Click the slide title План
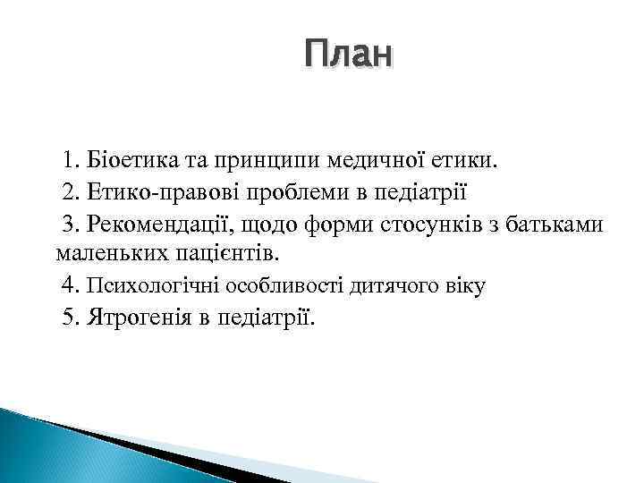pos(347,55)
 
